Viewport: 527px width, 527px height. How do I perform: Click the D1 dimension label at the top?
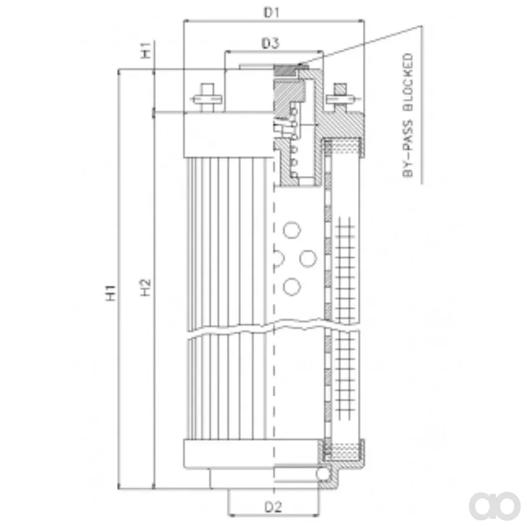point(271,13)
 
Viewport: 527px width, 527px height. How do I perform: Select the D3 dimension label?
point(270,43)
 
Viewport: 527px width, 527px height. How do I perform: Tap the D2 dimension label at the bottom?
point(273,507)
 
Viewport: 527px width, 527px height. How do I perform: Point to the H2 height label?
point(146,287)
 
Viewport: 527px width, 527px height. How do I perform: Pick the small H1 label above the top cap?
point(146,50)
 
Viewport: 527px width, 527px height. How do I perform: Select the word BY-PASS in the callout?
point(407,148)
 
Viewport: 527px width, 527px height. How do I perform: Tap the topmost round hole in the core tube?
point(292,230)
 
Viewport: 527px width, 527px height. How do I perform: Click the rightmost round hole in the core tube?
point(308,258)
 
